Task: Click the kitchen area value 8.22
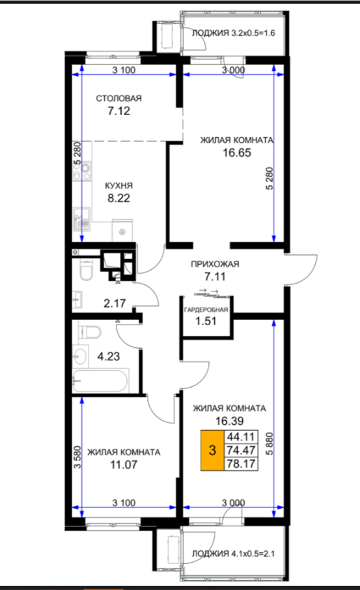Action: point(118,198)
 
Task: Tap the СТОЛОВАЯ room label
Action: point(118,99)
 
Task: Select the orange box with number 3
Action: point(212,450)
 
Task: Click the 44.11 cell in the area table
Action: point(241,437)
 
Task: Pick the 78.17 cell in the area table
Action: point(241,464)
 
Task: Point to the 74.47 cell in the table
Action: point(241,450)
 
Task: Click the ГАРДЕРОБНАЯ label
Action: point(206,310)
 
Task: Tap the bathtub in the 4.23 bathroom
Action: point(100,381)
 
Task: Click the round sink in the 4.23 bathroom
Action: point(80,356)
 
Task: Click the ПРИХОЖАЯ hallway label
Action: point(215,264)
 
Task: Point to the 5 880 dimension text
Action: point(270,444)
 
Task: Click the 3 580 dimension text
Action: point(77,457)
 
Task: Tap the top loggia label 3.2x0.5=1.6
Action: point(234,33)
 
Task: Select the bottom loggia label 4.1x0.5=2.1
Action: point(234,554)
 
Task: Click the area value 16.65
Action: point(237,153)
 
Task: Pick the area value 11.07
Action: point(124,464)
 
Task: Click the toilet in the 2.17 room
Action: point(86,271)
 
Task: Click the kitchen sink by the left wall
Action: point(82,219)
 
